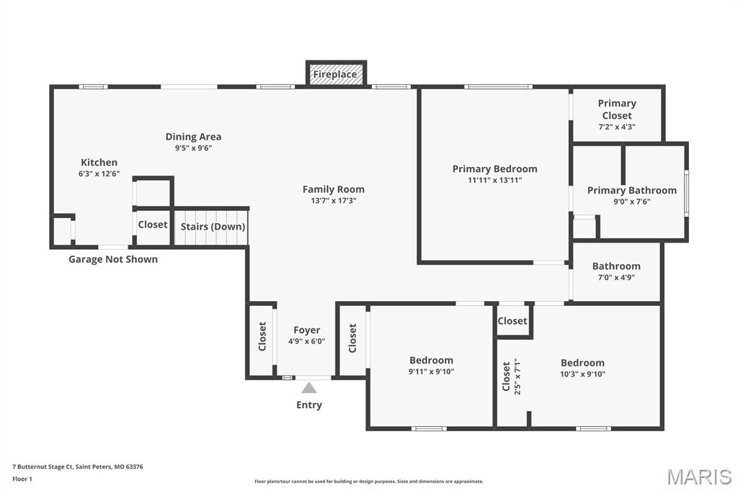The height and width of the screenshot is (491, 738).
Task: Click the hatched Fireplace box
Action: [x=336, y=74]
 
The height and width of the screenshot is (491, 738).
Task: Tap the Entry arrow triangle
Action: [x=309, y=388]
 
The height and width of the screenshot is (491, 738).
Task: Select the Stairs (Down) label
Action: [x=213, y=226]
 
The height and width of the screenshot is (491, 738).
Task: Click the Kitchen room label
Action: [x=99, y=163]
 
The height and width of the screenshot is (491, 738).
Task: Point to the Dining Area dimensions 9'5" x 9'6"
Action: [x=193, y=148]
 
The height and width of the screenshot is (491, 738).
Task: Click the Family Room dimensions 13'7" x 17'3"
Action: [x=333, y=201]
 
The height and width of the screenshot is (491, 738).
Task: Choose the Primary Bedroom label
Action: [x=494, y=168]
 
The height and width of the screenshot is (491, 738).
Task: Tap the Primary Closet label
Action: [x=617, y=109]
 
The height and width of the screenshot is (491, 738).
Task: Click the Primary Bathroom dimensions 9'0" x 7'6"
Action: [x=631, y=202]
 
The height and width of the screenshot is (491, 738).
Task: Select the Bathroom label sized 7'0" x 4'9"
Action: [x=616, y=266]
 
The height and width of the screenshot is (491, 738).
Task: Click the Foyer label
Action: [x=306, y=330]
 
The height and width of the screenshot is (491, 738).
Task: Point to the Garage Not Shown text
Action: [x=113, y=259]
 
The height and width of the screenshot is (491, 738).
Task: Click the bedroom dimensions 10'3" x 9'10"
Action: [x=582, y=374]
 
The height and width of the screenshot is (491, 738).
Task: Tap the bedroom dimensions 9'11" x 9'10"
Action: [x=431, y=372]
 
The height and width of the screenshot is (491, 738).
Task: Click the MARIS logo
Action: [x=698, y=476]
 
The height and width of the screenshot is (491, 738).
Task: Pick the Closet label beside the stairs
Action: [x=153, y=225]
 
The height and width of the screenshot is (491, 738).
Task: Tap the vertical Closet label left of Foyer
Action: [x=262, y=336]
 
